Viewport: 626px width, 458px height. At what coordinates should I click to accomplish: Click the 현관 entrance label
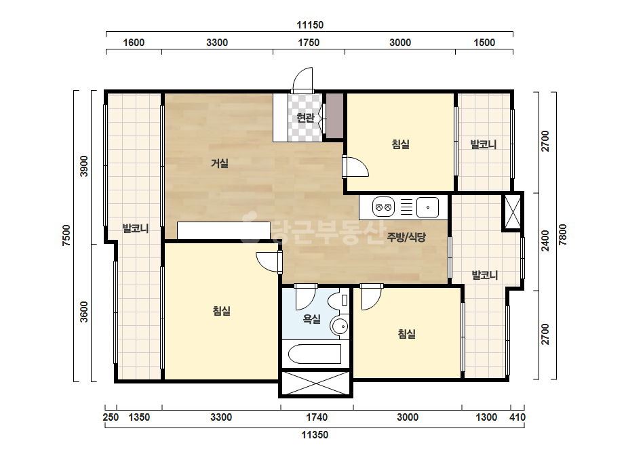(305, 118)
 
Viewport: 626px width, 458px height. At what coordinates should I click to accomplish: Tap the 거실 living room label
(220, 163)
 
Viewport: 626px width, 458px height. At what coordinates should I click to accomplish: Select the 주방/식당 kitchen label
(406, 237)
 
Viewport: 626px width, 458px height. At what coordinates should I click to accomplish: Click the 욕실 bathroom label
(312, 318)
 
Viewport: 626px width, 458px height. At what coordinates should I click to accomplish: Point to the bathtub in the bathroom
(315, 354)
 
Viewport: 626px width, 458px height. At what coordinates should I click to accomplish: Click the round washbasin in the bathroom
(340, 327)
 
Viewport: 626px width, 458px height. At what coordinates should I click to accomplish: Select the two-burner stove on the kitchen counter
(383, 207)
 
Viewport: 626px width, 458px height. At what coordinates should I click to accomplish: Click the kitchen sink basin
(427, 207)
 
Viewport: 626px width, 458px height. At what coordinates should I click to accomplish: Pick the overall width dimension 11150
(310, 25)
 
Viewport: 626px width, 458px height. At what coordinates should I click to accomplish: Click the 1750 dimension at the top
(309, 43)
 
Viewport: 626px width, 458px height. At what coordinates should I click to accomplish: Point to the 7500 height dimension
(66, 235)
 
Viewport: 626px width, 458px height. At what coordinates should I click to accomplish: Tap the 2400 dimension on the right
(545, 241)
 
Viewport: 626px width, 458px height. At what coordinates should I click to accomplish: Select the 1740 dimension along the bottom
(317, 417)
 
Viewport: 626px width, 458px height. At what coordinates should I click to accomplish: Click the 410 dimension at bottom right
(517, 417)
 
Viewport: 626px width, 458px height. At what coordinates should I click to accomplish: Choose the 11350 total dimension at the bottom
(315, 435)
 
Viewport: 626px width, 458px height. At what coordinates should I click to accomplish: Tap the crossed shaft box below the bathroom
(315, 383)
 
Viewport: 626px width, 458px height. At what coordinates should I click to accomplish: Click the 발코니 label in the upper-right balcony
(484, 144)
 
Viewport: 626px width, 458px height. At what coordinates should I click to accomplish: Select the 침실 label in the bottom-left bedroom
(222, 311)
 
